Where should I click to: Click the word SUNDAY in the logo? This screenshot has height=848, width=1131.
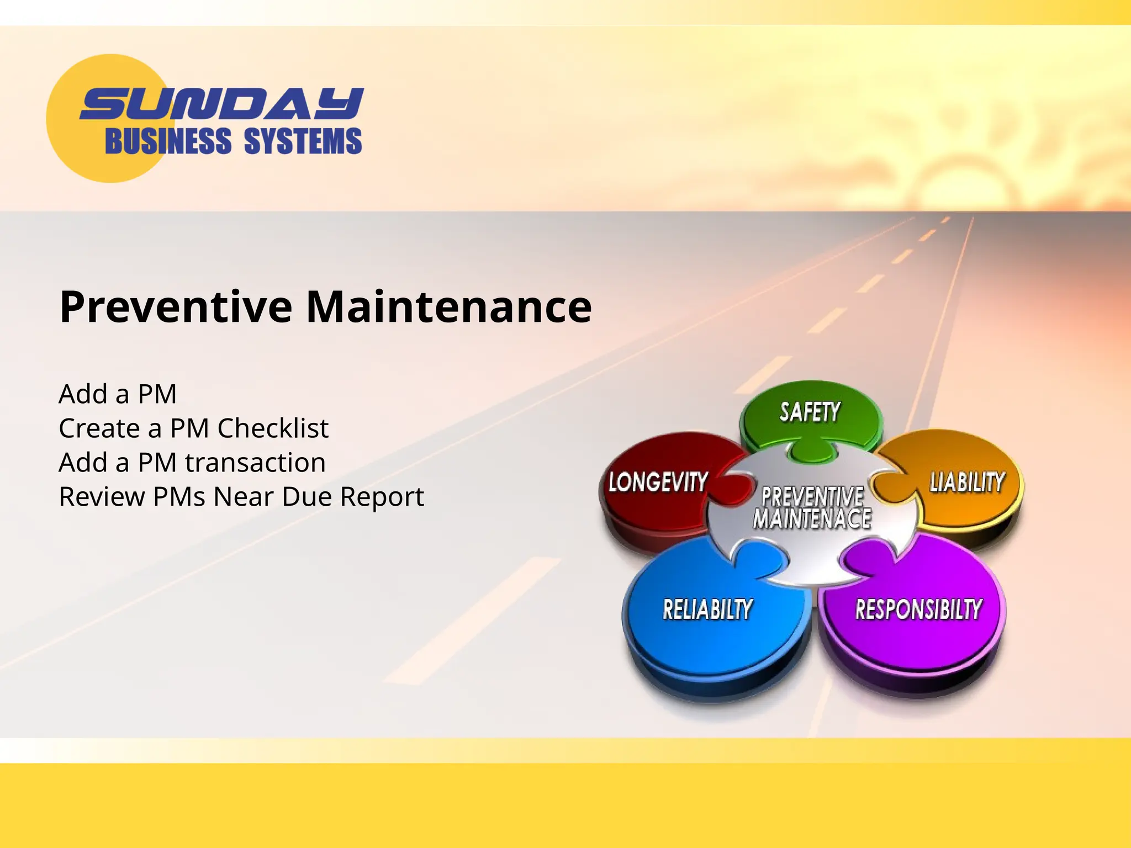tap(221, 104)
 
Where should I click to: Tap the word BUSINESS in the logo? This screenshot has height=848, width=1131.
tap(168, 141)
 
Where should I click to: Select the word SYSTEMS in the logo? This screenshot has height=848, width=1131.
tap(303, 141)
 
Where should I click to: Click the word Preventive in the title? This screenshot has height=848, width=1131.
tap(176, 307)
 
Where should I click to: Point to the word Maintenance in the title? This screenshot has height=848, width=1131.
tap(448, 307)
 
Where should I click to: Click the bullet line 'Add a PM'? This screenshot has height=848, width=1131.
tap(118, 394)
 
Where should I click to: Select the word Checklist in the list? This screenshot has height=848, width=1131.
tap(273, 428)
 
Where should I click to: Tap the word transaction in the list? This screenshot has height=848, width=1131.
tap(255, 463)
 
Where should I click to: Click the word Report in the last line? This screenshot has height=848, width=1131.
tap(382, 497)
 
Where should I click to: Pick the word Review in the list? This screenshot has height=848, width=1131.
tap(102, 497)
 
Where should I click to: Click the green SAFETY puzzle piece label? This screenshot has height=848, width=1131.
tap(810, 412)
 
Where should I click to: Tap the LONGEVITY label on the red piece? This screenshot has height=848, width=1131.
tap(658, 482)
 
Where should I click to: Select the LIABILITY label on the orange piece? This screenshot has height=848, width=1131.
tap(967, 482)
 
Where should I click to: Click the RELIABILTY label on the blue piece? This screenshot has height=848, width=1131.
tap(707, 609)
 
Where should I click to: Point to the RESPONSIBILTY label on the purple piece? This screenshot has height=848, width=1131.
tap(918, 609)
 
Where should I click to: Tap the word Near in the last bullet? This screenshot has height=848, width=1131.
tap(244, 497)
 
